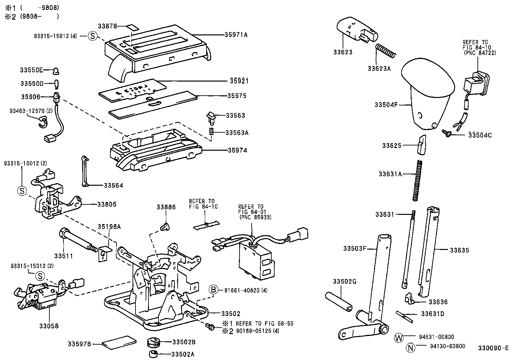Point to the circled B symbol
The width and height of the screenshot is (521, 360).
point(213,290)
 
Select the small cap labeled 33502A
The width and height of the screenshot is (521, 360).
point(153,354)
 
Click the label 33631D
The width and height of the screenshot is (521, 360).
point(432,314)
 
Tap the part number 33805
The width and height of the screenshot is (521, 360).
point(107,204)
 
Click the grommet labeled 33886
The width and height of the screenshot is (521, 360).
point(166,226)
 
